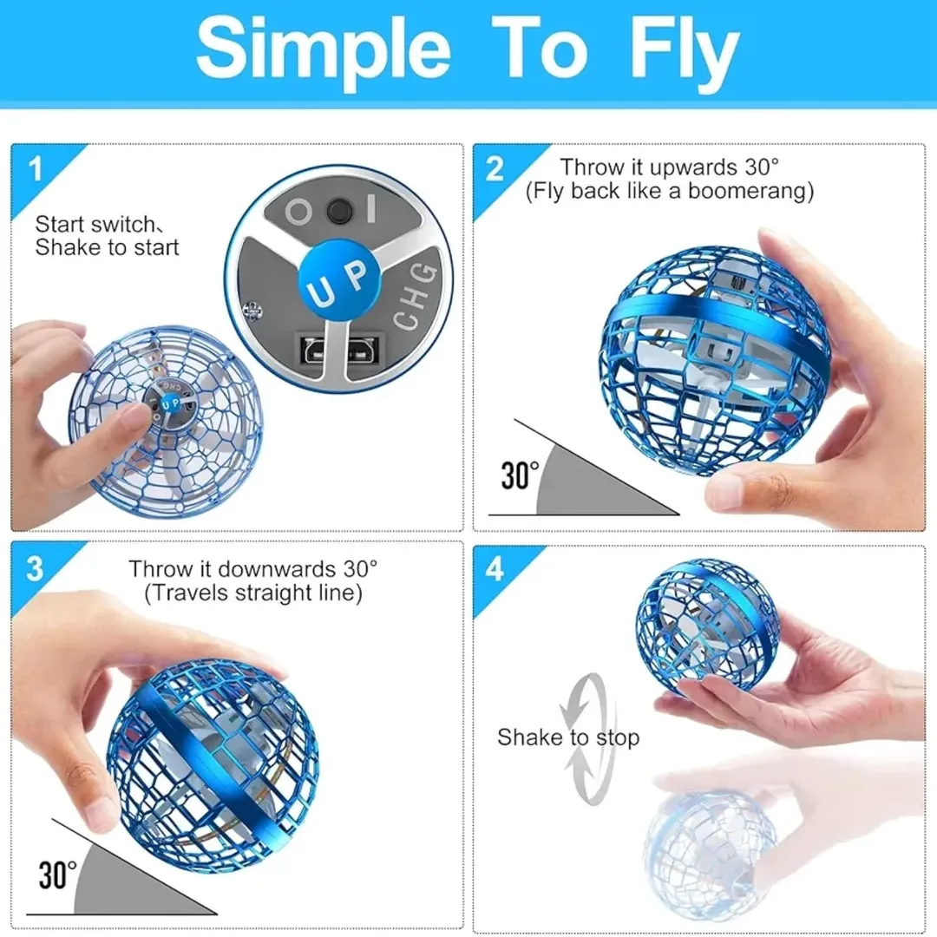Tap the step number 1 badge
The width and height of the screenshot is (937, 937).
pyautogui.click(x=36, y=168)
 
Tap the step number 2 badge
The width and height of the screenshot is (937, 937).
pyautogui.click(x=495, y=168)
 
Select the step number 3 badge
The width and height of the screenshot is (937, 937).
pyautogui.click(x=35, y=568)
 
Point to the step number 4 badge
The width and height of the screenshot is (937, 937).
pyautogui.click(x=495, y=568)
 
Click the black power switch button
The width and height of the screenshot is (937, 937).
pyautogui.click(x=339, y=211)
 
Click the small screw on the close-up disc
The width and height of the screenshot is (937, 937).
pyautogui.click(x=252, y=310)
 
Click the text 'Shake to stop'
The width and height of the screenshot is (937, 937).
pyautogui.click(x=568, y=737)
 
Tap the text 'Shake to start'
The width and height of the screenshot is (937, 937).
pyautogui.click(x=107, y=247)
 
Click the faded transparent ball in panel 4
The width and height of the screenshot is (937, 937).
pyautogui.click(x=710, y=855)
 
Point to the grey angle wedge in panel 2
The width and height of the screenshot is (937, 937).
pyautogui.click(x=592, y=484)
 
